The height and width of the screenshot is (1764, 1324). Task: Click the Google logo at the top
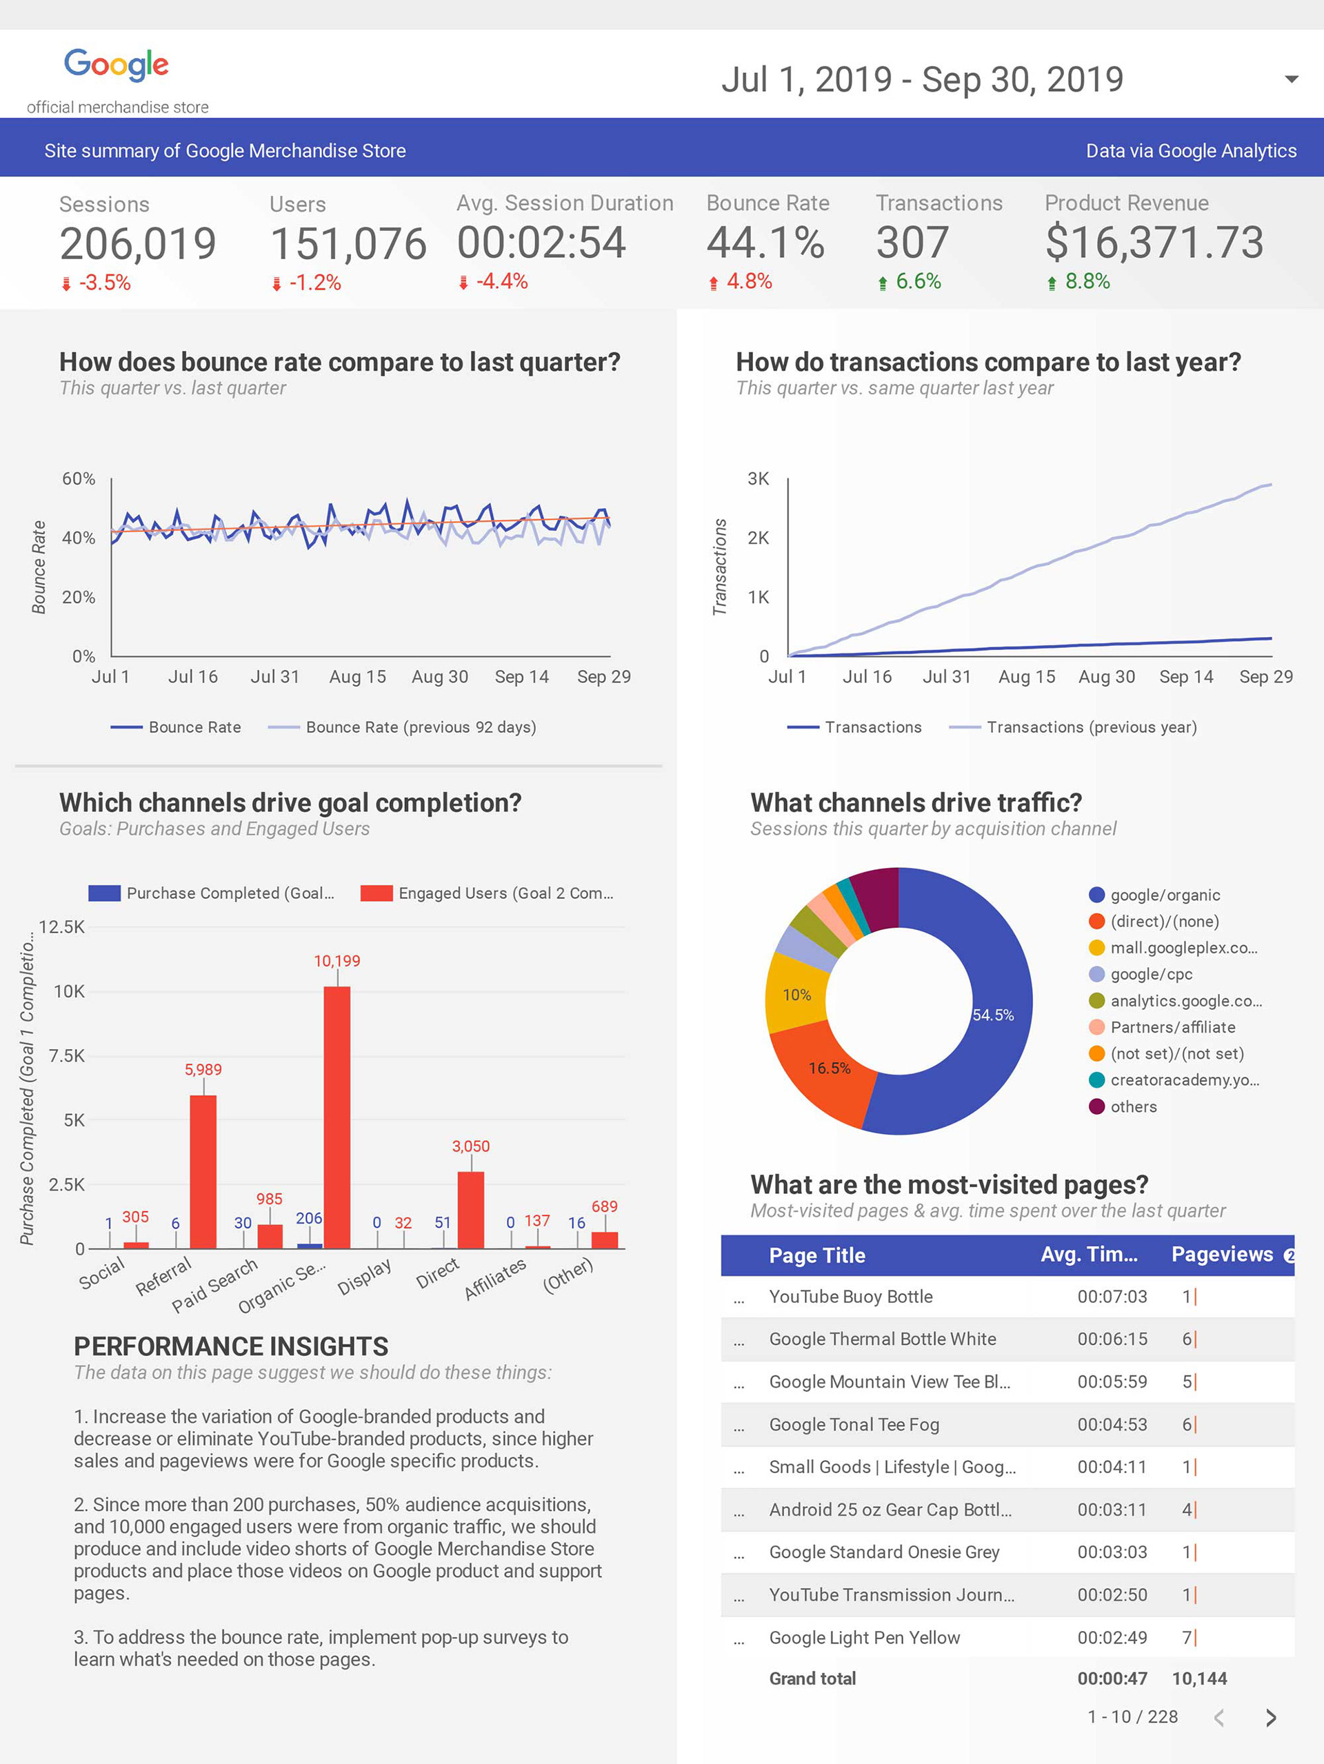tap(117, 64)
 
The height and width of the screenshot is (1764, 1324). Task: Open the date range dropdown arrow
tap(1292, 79)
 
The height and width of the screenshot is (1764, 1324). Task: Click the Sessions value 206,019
tap(138, 244)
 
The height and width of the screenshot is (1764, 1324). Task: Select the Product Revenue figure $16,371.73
tap(1154, 243)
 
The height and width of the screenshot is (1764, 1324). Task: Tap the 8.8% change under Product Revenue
tap(1087, 281)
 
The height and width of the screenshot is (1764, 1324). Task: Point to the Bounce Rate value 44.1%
tap(765, 243)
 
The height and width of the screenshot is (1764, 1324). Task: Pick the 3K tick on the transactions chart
tap(758, 478)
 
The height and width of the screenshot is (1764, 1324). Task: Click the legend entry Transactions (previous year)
tap(1091, 727)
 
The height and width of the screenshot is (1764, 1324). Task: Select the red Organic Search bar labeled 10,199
tap(337, 1117)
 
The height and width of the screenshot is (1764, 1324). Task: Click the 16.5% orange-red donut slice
tap(821, 1068)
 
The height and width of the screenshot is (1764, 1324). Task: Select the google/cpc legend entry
tap(1151, 975)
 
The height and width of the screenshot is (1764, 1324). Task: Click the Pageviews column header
tap(1222, 1255)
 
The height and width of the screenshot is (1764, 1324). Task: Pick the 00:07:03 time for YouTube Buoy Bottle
tap(1112, 1297)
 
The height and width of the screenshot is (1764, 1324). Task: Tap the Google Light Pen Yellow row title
tap(865, 1637)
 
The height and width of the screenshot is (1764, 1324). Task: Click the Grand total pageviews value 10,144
tap(1198, 1679)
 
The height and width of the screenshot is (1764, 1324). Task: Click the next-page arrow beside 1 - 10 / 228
tap(1271, 1718)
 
